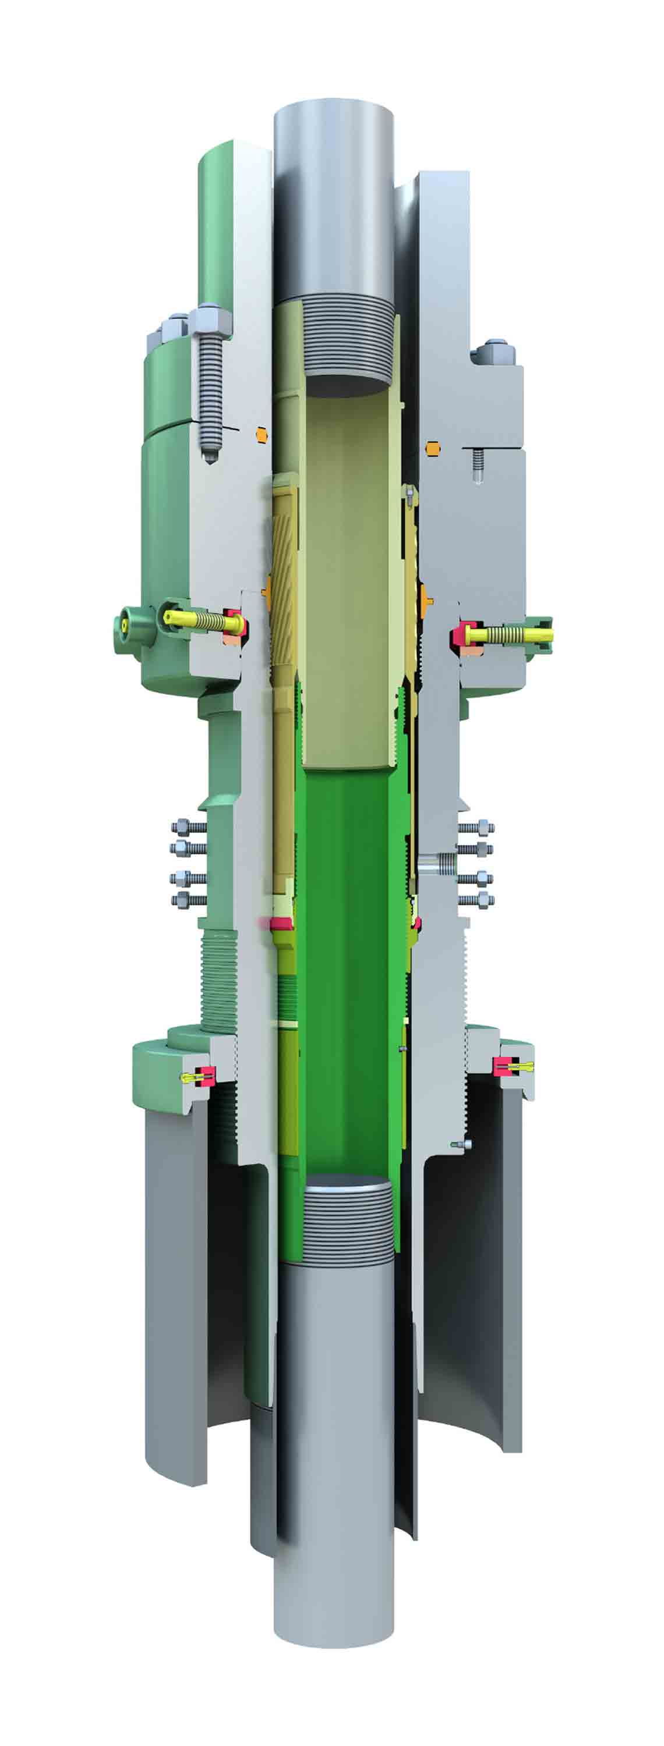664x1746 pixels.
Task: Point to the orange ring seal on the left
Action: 261,432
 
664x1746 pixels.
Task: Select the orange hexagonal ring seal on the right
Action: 432,448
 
